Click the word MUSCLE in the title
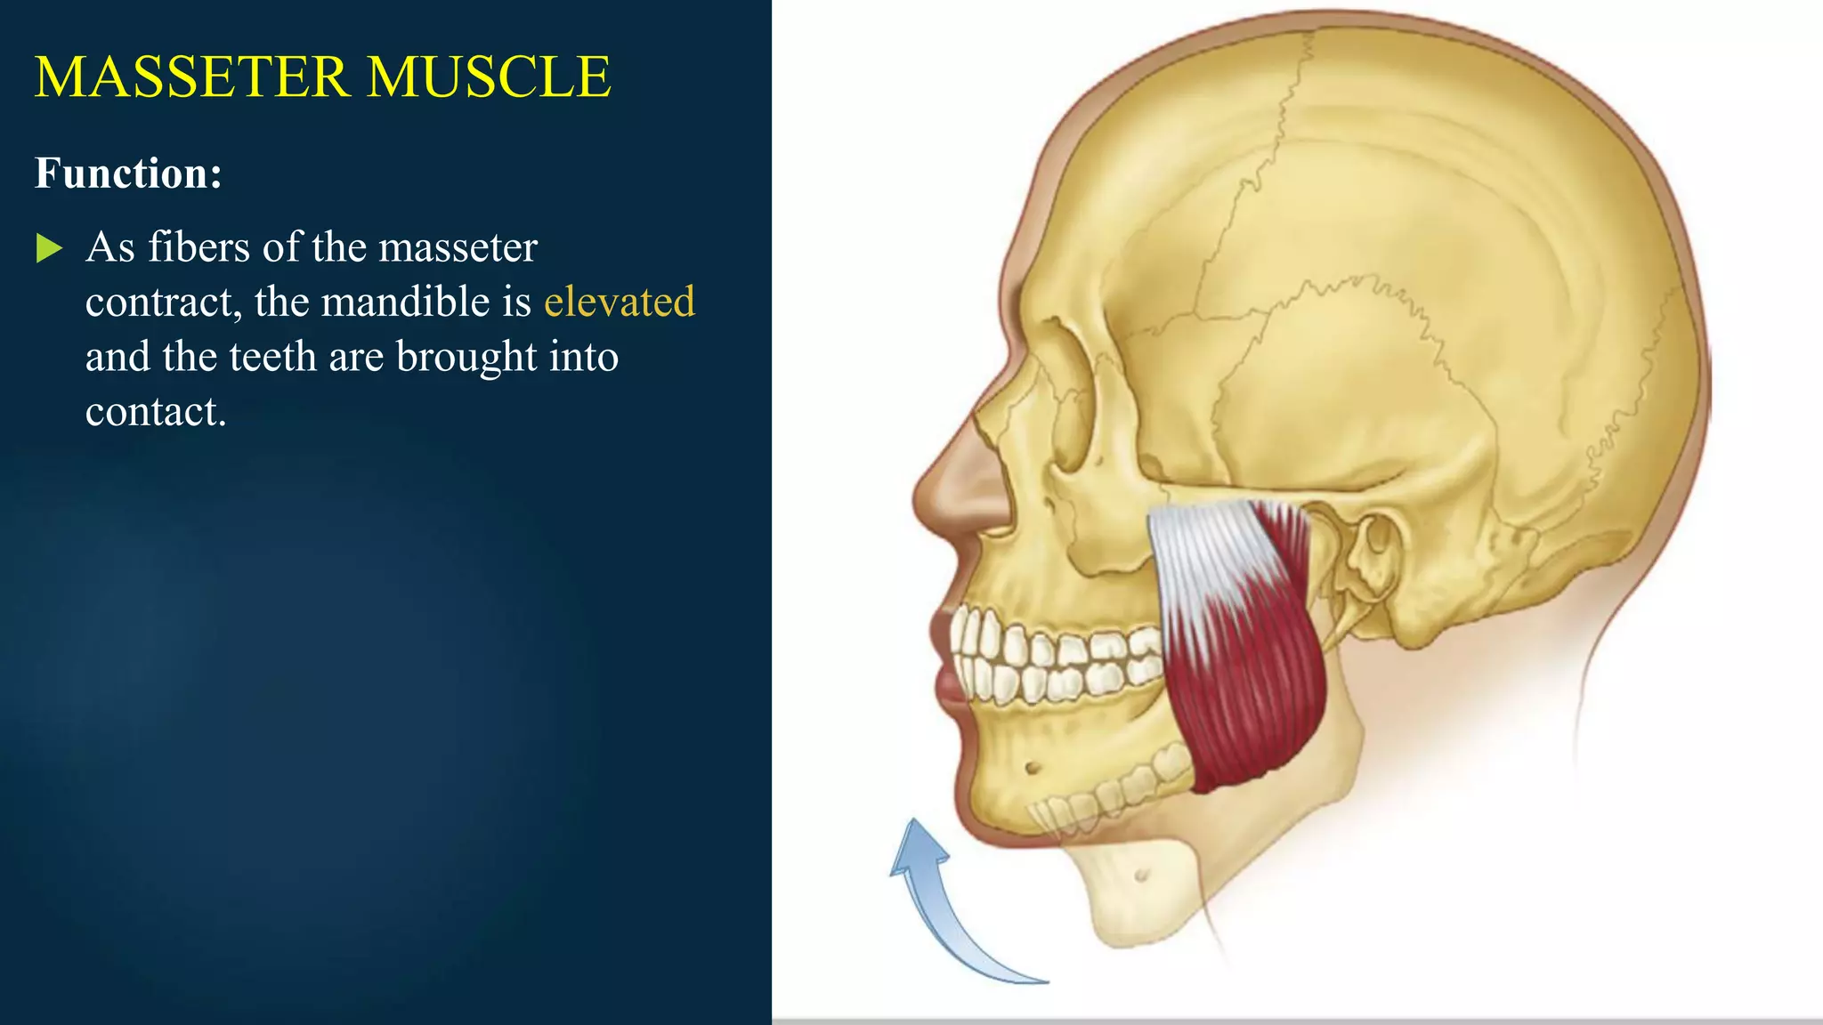coord(489,77)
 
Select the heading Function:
coord(128,173)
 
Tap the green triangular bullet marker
coord(49,248)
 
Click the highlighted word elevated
coord(619,302)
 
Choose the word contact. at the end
coord(156,411)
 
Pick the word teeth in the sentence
coord(272,357)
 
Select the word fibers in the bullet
coord(199,246)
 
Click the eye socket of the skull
coord(1068,418)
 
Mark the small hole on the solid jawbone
coord(1033,767)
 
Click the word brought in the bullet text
coord(466,357)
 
